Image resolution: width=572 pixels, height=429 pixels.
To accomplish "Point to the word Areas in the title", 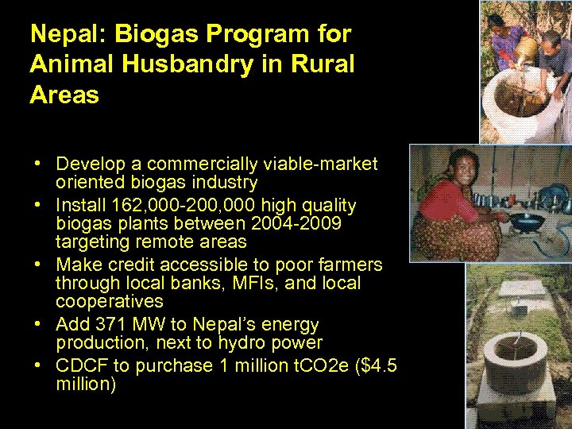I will (x=64, y=95).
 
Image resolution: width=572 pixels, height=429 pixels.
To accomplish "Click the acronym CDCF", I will (x=79, y=366).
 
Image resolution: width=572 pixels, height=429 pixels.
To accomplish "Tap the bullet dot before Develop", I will (x=37, y=164).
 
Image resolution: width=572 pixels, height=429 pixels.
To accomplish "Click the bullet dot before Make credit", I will (x=37, y=264).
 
